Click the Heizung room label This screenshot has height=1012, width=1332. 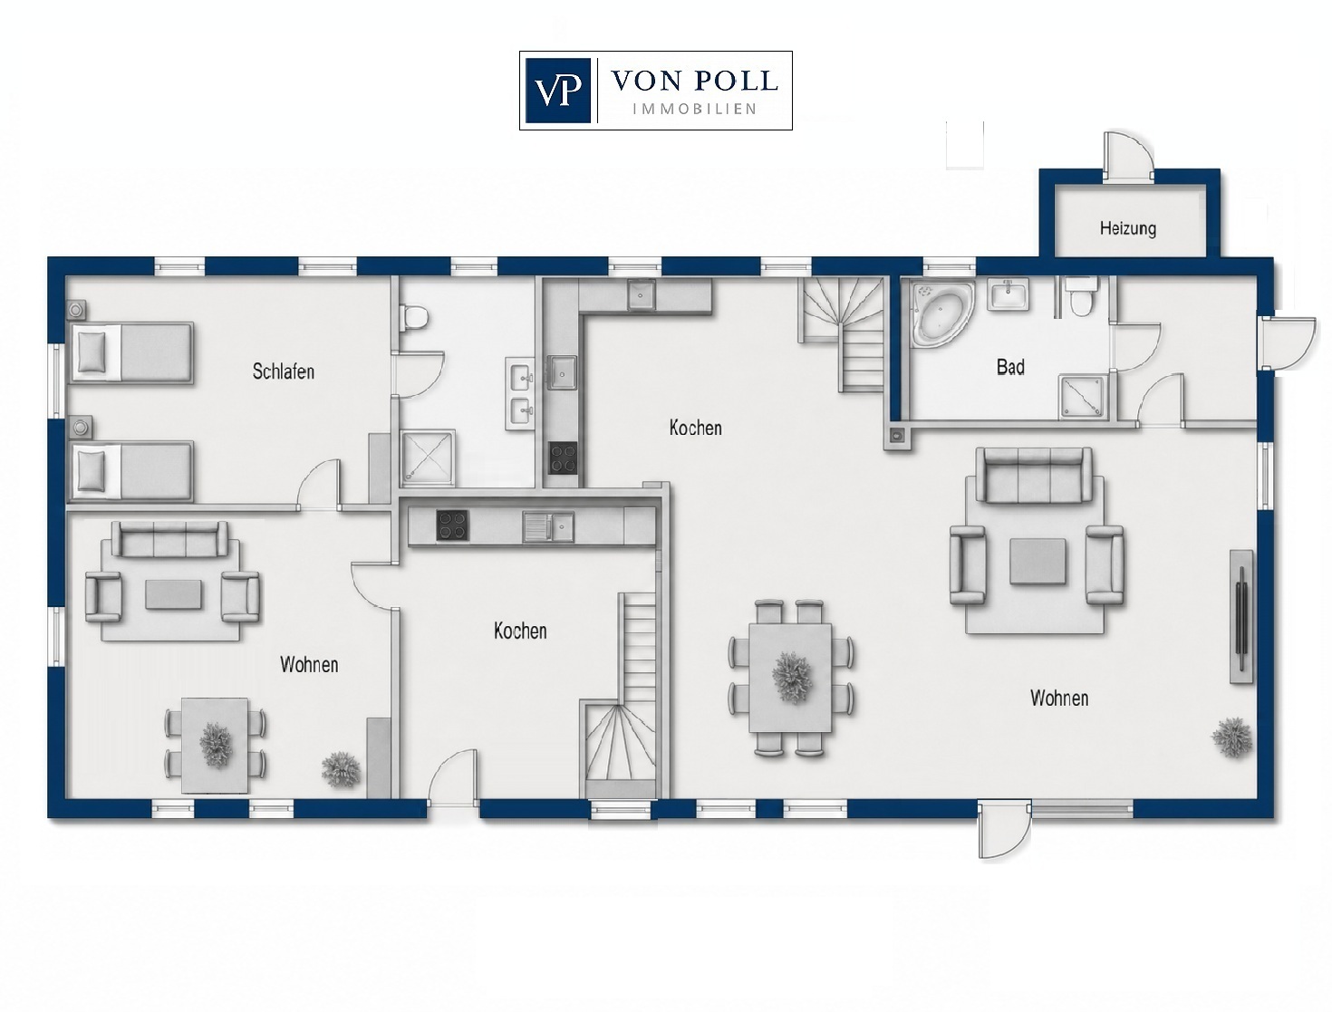(1127, 228)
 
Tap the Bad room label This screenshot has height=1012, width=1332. (1010, 367)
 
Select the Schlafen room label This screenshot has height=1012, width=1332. (284, 371)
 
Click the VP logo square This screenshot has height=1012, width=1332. (557, 91)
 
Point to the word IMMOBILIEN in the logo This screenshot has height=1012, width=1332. (695, 110)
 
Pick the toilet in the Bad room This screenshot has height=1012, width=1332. (1081, 297)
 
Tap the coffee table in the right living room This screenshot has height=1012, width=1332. (1038, 562)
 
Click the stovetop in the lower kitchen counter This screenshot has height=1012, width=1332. (453, 525)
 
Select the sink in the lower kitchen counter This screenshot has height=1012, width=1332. (548, 526)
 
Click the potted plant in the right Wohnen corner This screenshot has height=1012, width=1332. (1231, 737)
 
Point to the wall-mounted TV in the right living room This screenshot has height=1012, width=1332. (1241, 617)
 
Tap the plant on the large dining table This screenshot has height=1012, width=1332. (792, 677)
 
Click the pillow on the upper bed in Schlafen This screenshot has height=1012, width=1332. (92, 352)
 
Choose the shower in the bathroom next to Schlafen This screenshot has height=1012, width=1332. (428, 458)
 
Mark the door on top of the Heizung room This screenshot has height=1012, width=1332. (1127, 156)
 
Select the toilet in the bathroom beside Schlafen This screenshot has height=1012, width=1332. (415, 316)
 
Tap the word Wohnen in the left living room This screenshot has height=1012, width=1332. (309, 665)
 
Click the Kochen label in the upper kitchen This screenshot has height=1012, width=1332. (695, 429)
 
